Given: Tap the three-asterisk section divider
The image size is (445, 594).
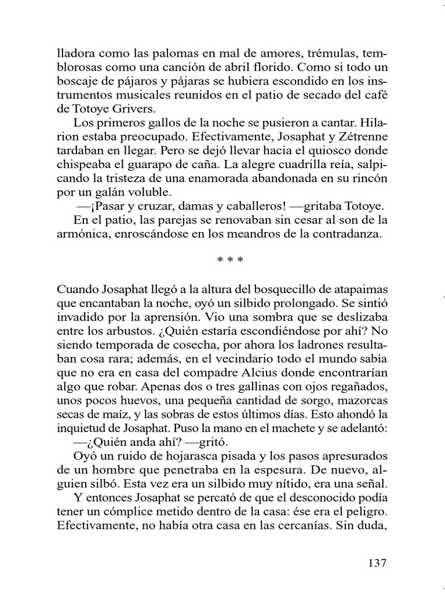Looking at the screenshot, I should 223,260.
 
